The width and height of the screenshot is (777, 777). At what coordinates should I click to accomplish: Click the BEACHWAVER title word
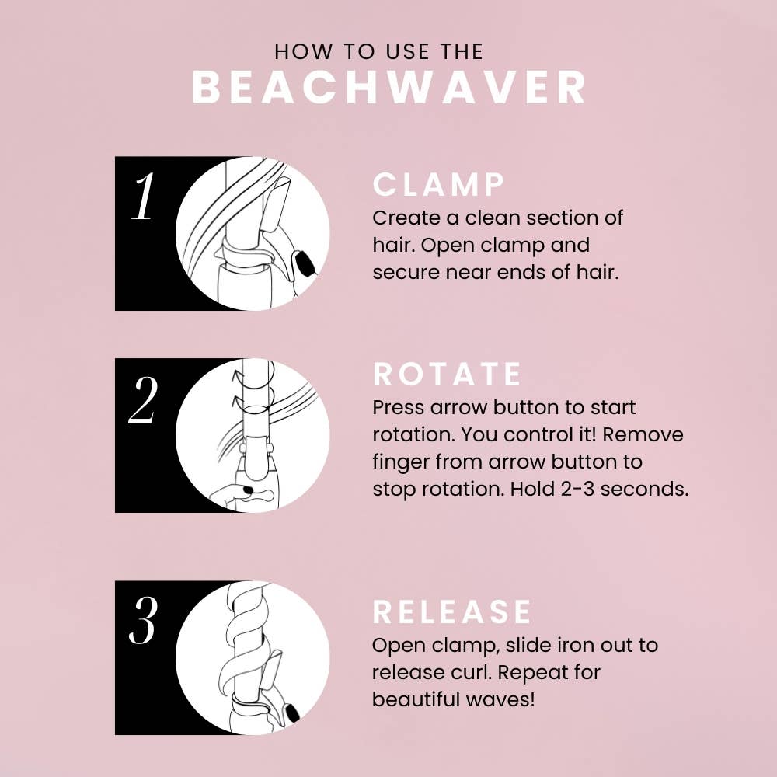click(388, 88)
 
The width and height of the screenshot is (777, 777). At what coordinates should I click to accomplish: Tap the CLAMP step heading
click(439, 186)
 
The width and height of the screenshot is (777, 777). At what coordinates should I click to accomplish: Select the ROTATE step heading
click(448, 375)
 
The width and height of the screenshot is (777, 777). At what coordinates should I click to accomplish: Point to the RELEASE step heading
click(452, 611)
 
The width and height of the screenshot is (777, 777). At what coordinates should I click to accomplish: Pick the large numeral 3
click(144, 623)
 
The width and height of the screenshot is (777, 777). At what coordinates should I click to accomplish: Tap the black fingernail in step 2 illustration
click(246, 491)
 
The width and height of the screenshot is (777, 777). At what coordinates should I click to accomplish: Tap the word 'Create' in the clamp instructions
click(405, 217)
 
